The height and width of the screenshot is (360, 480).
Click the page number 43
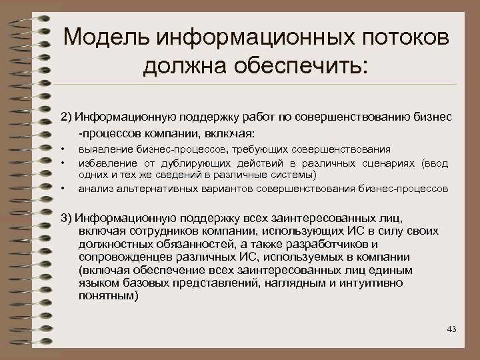pos(452,329)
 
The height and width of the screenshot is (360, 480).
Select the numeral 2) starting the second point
pos(66,117)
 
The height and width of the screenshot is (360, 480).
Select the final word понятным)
pos(109,296)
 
